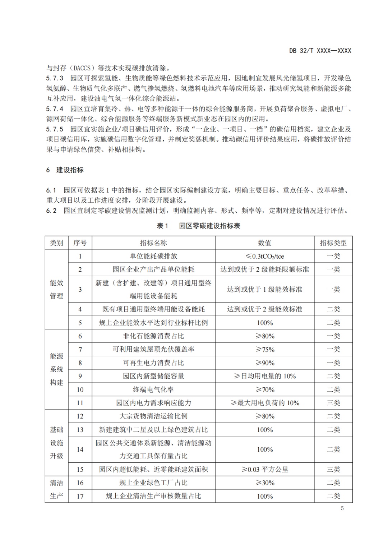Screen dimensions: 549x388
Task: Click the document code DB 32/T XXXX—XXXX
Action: tap(320, 51)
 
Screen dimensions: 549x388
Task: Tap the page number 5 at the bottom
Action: tap(342, 508)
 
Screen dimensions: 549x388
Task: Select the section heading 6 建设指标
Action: tap(65, 170)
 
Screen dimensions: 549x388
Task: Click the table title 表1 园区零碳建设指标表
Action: tap(199, 226)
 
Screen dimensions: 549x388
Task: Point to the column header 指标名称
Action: tap(153, 243)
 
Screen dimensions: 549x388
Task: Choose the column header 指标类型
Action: tap(333, 243)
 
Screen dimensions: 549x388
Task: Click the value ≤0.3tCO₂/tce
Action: tap(265, 256)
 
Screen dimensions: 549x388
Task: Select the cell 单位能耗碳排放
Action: tap(153, 256)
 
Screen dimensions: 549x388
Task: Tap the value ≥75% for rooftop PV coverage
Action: tap(265, 349)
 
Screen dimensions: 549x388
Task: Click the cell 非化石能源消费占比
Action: tap(153, 336)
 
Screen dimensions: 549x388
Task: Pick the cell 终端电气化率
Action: tap(153, 389)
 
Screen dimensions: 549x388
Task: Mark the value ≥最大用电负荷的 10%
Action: tap(265, 403)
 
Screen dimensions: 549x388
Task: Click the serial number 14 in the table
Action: tap(80, 449)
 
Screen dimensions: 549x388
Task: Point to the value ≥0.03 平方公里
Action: tap(265, 469)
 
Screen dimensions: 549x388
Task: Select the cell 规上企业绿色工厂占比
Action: tap(153, 483)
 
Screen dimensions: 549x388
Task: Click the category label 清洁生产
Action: tap(56, 489)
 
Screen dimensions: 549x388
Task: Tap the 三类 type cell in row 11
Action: tap(333, 403)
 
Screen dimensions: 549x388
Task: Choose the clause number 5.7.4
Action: tap(55, 109)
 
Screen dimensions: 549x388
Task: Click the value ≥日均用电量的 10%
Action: tap(265, 376)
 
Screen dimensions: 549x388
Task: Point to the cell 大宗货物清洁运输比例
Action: tap(153, 416)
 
